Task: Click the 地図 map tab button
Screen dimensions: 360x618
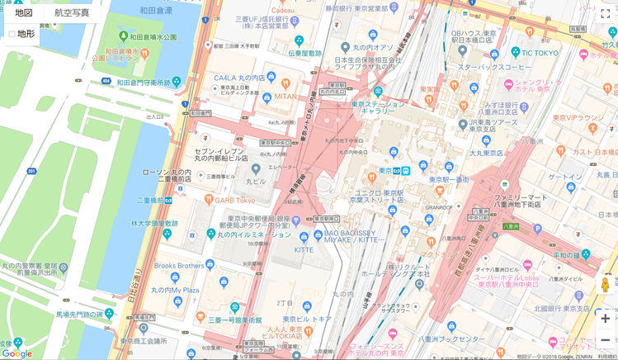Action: (x=24, y=12)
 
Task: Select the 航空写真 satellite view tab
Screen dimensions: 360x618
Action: (x=72, y=12)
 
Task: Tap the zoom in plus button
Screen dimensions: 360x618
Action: (x=605, y=319)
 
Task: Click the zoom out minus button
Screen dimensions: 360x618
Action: (x=605, y=340)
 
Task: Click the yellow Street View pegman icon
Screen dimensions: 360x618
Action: (x=605, y=285)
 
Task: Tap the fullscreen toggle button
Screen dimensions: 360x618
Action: (x=605, y=13)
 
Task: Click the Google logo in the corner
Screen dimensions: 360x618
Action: (x=17, y=353)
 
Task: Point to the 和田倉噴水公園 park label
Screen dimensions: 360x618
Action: (x=150, y=37)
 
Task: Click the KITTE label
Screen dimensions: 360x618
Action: (x=303, y=249)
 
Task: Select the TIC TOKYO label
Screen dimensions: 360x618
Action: (x=540, y=53)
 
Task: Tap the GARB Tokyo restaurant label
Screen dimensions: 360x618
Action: (x=235, y=200)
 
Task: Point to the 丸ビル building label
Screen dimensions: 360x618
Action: (x=256, y=181)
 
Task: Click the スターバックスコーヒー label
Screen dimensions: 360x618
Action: (x=494, y=67)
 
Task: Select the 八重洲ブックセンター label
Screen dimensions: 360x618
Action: (x=451, y=339)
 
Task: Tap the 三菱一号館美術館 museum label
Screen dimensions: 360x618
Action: (x=234, y=320)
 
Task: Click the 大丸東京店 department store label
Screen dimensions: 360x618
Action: (x=486, y=153)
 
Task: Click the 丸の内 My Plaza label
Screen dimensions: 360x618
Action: (x=175, y=290)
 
